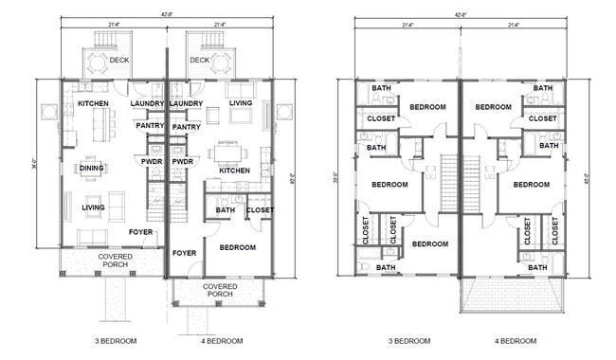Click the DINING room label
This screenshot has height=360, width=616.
point(92,170)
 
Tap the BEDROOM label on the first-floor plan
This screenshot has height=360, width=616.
point(238,247)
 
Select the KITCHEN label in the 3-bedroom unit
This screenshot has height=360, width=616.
point(93,103)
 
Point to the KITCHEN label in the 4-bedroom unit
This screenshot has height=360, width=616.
point(235,171)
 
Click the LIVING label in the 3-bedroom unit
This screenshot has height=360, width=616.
point(93,207)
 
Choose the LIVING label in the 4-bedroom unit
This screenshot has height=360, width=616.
point(241,103)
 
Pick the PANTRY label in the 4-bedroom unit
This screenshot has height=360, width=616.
point(187,126)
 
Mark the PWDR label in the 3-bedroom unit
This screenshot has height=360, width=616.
point(151,162)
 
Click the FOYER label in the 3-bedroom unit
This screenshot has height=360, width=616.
point(140,231)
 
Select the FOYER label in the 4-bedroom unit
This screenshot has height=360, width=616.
point(184,253)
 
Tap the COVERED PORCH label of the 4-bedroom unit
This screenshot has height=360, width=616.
point(220,290)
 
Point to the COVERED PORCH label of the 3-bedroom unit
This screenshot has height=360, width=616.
point(115,260)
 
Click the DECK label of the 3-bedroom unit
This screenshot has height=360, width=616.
point(118,60)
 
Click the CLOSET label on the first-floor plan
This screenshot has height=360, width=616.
point(261,210)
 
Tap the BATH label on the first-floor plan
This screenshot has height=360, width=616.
point(225,210)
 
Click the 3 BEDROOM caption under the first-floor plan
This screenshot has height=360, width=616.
point(116,340)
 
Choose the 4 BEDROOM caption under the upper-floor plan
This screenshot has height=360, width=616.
point(516,340)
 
